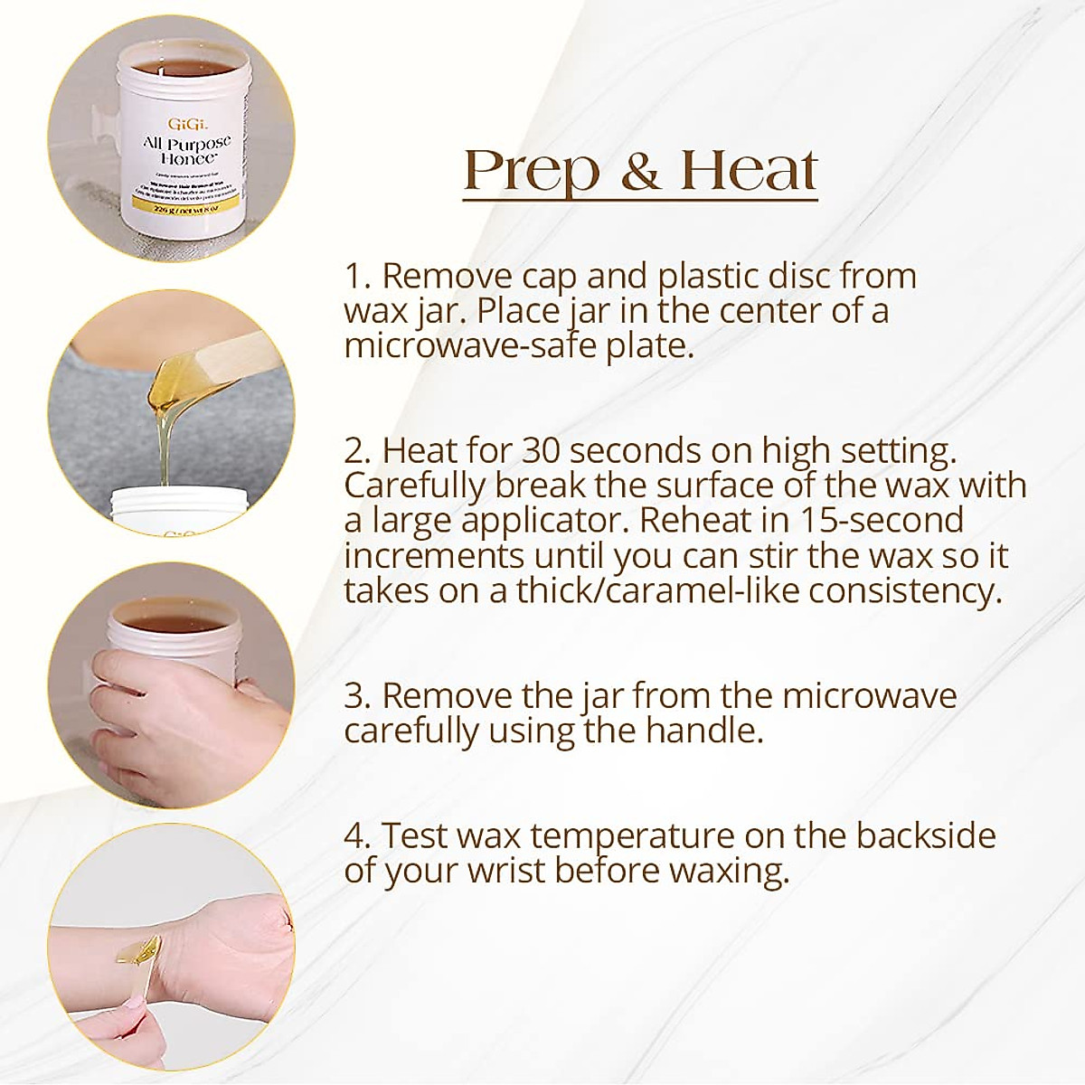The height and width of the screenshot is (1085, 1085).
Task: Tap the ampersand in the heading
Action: [640, 172]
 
